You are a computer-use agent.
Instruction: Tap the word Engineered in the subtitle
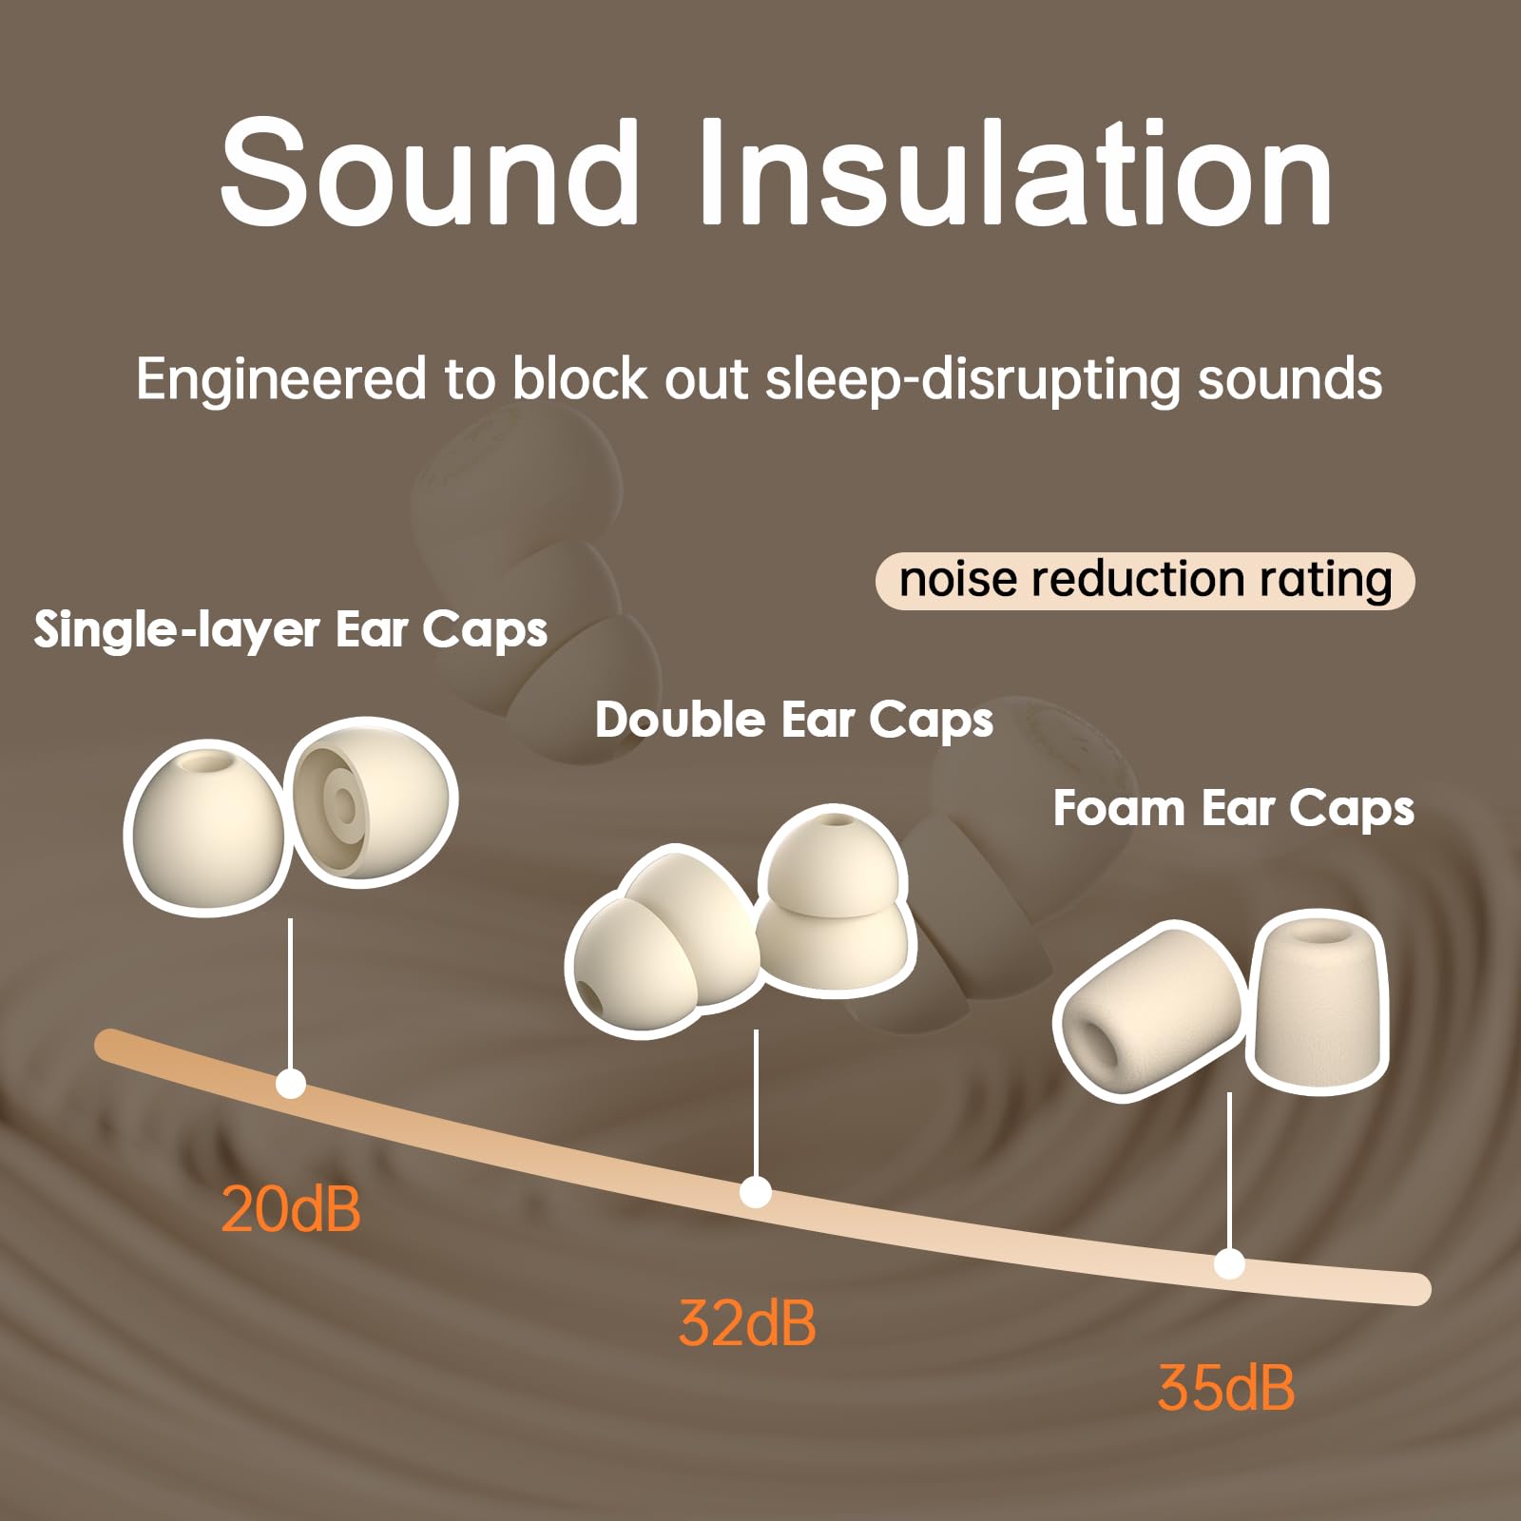(281, 378)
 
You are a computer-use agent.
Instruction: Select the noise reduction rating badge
(1145, 580)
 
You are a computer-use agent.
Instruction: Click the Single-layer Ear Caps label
(290, 629)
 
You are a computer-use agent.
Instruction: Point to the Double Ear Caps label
(794, 720)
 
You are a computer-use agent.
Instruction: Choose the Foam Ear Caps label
(1233, 809)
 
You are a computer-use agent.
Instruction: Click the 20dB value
(291, 1209)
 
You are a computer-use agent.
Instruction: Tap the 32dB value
(747, 1322)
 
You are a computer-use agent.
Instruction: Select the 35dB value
(1226, 1387)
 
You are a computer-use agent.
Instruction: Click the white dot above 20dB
(290, 1084)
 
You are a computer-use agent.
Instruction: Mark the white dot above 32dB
(756, 1191)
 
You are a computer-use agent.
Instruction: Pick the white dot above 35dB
(1229, 1264)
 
